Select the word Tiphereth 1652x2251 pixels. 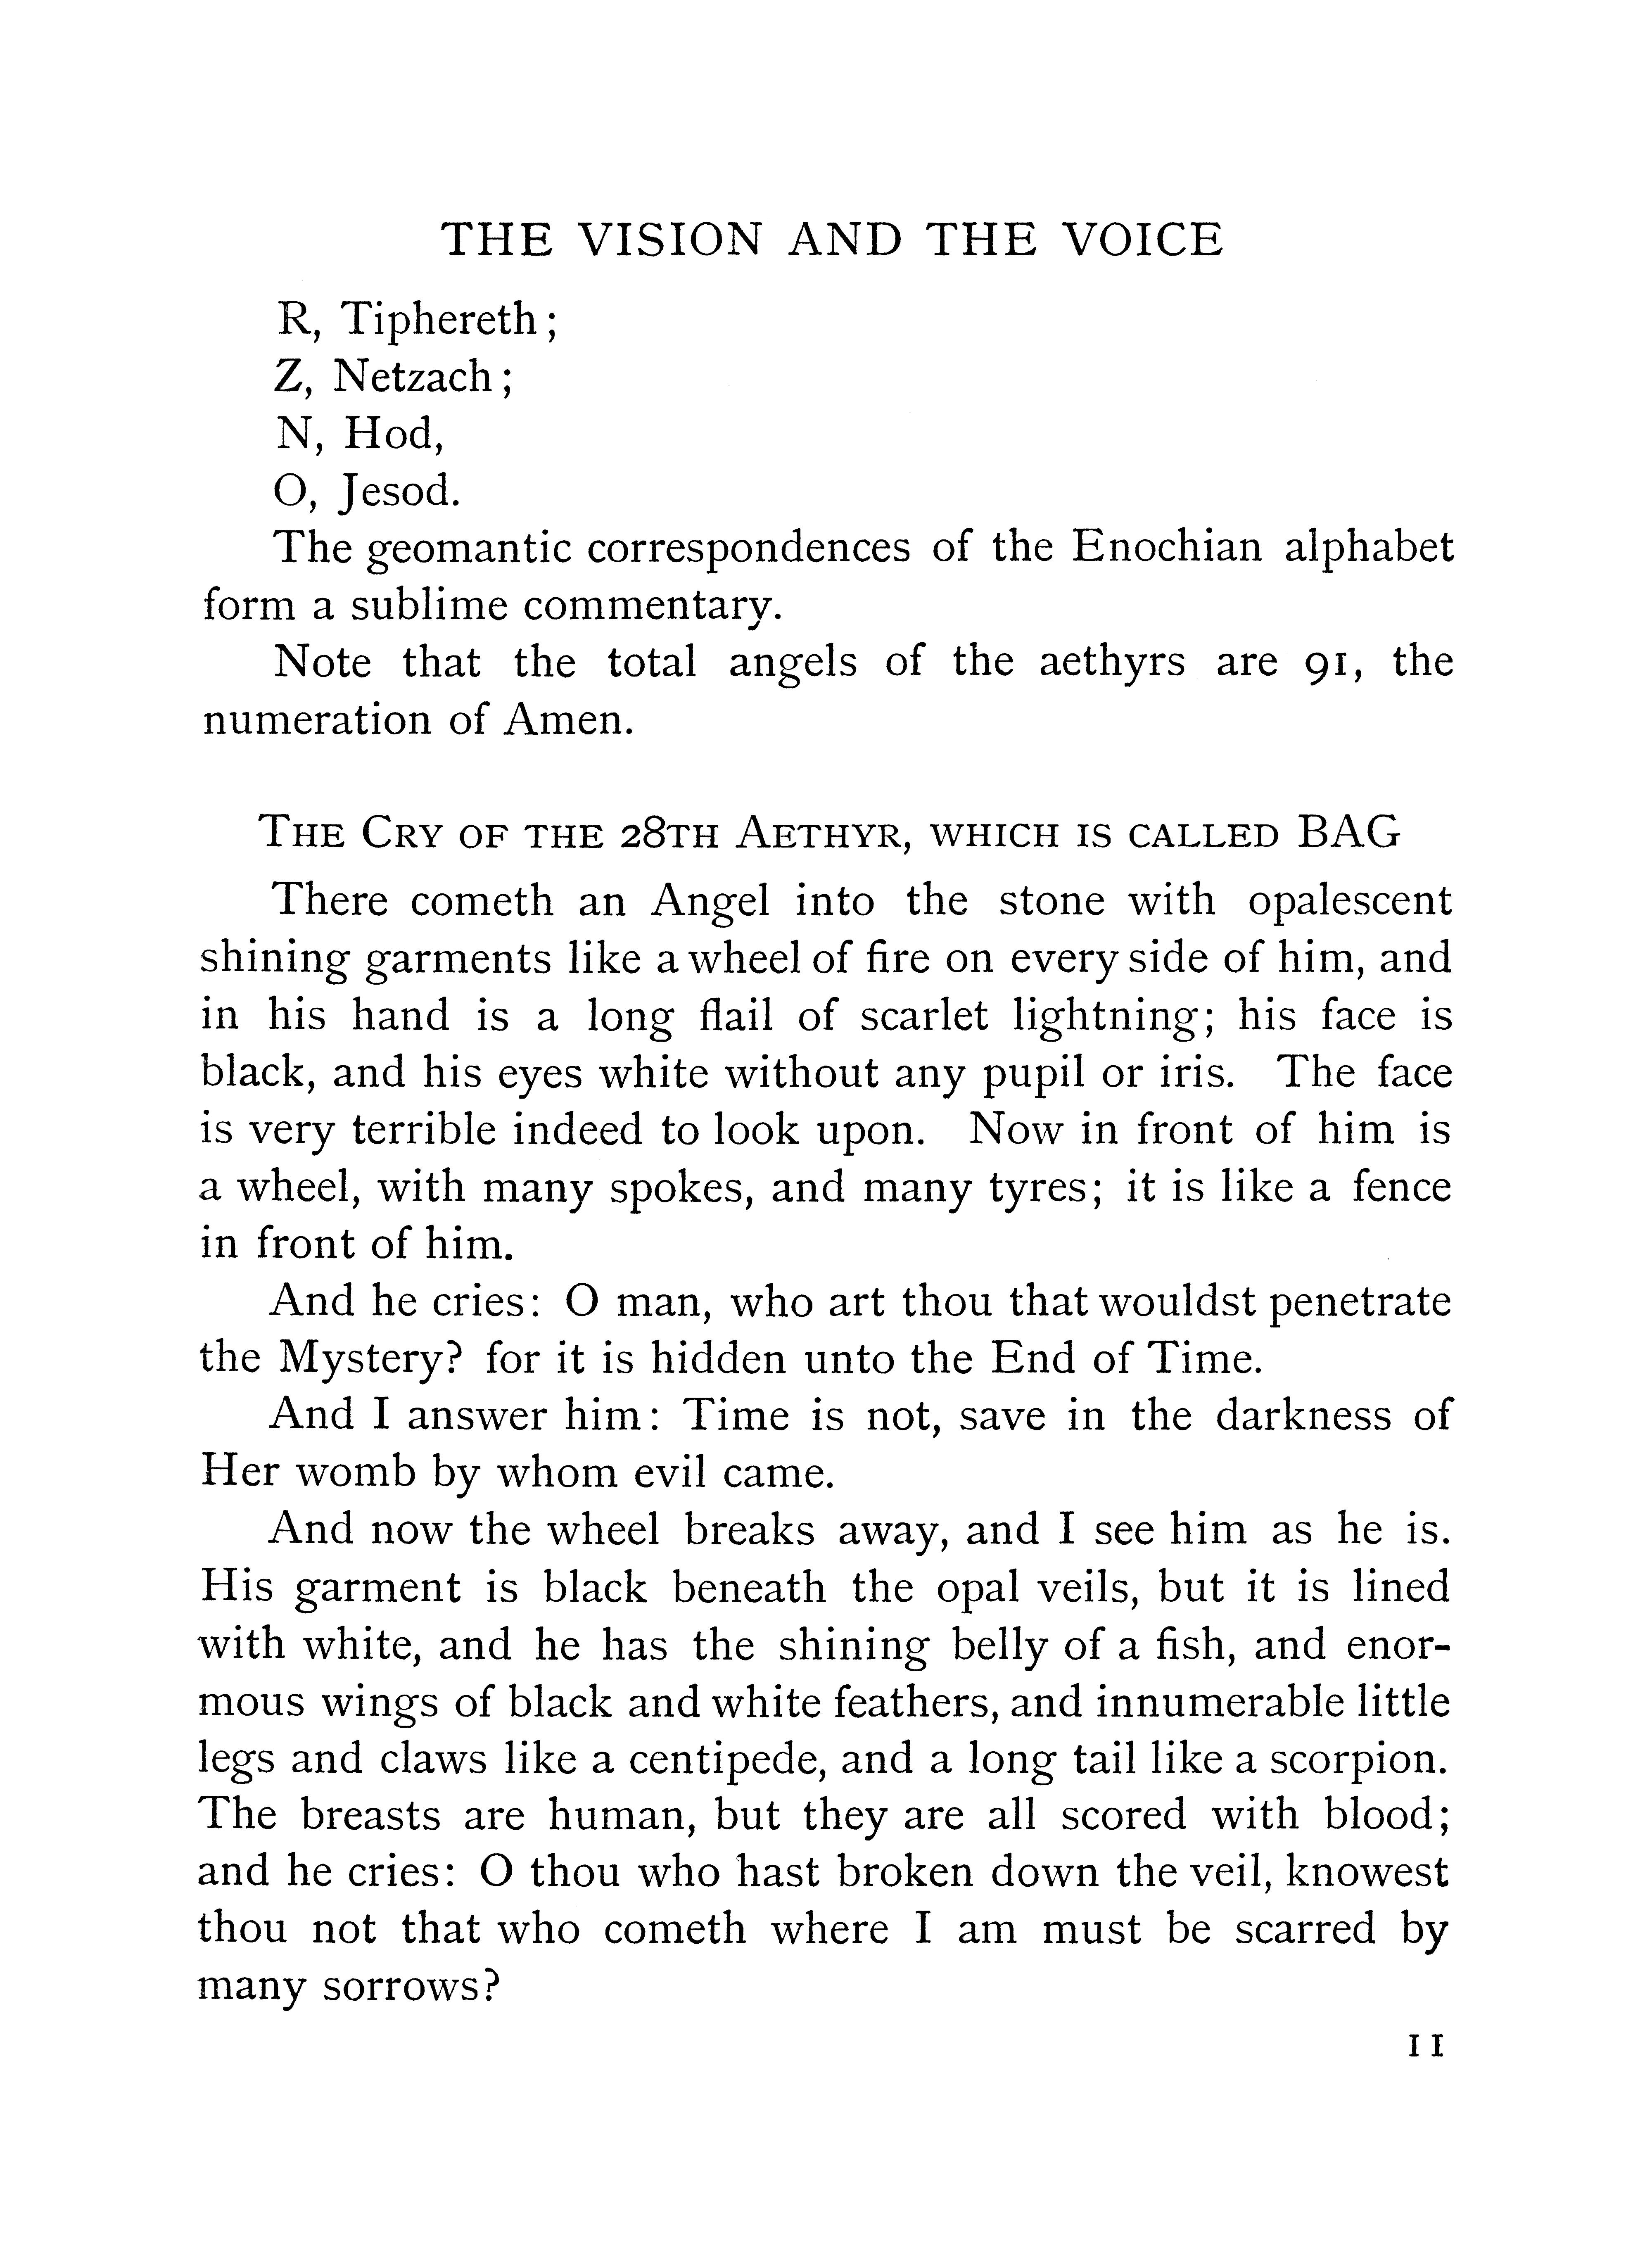click(440, 320)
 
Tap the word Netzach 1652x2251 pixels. click(412, 377)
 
